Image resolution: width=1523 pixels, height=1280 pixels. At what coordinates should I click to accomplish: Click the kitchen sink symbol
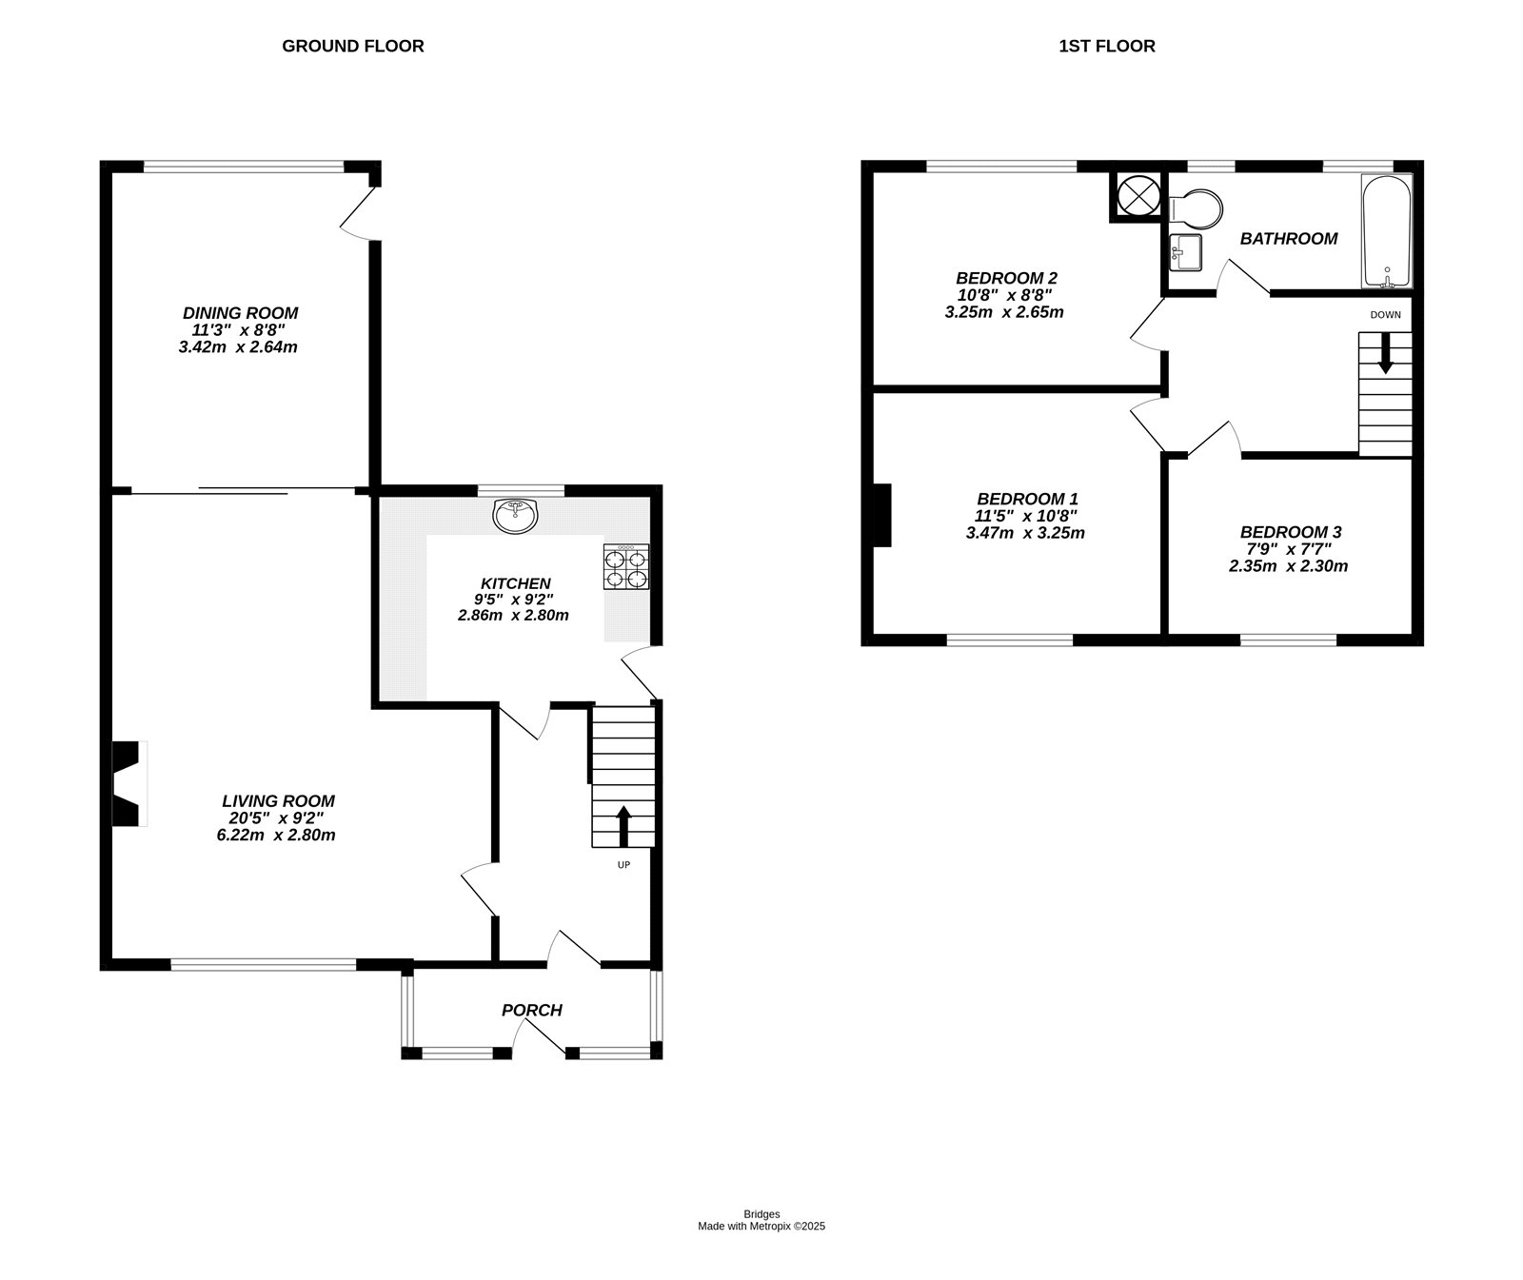click(x=516, y=515)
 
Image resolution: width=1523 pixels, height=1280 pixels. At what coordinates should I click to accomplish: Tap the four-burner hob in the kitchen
click(x=626, y=567)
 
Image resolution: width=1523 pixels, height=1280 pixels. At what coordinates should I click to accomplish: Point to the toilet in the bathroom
click(x=1197, y=208)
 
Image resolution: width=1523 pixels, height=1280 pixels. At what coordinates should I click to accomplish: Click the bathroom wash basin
click(x=1186, y=252)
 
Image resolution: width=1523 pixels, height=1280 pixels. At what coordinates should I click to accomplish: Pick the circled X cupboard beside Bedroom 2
click(x=1136, y=196)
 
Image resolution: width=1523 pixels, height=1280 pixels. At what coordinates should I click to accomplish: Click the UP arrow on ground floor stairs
click(x=623, y=826)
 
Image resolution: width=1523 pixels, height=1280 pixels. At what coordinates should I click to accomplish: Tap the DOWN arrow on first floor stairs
click(x=1384, y=352)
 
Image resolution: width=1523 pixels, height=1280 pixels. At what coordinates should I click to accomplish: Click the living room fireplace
click(x=127, y=783)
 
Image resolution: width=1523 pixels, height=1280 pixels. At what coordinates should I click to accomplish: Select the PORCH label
click(x=532, y=1010)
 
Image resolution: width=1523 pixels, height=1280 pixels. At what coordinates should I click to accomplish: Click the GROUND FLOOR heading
click(x=352, y=46)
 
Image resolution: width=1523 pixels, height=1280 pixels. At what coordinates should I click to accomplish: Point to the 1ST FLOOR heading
click(x=1106, y=46)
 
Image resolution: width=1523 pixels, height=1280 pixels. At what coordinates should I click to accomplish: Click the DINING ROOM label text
click(x=240, y=313)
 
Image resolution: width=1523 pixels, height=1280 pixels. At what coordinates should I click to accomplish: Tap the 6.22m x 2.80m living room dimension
click(x=276, y=836)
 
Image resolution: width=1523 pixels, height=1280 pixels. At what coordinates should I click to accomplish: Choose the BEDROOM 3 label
click(x=1290, y=532)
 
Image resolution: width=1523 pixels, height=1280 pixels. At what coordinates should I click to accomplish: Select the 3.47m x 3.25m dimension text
click(x=1024, y=533)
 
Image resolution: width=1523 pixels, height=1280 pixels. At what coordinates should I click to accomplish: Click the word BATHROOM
click(x=1288, y=239)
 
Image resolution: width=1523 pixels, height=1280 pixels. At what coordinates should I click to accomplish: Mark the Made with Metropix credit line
click(x=761, y=1227)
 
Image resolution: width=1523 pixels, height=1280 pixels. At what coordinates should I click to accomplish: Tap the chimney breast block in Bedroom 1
click(x=881, y=515)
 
